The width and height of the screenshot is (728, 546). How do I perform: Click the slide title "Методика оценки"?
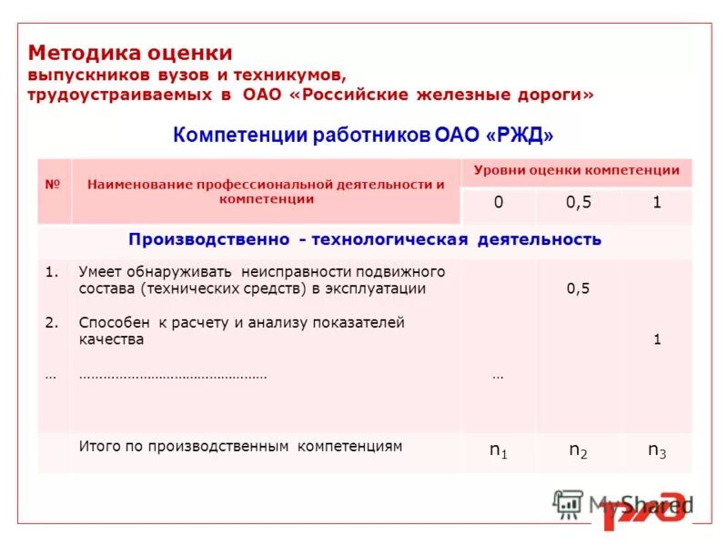[130, 54]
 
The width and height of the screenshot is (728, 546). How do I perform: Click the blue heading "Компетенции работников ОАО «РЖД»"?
[363, 135]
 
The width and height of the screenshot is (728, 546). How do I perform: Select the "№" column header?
[53, 185]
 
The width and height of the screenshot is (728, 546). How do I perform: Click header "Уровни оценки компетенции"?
[576, 170]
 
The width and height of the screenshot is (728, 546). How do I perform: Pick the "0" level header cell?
[498, 203]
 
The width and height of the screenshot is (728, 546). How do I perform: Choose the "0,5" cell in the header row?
[579, 203]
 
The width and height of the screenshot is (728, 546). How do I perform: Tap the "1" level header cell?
[656, 203]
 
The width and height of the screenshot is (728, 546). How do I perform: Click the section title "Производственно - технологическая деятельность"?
[365, 239]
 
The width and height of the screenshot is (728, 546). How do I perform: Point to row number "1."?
[52, 271]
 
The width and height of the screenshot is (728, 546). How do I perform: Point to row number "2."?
[52, 322]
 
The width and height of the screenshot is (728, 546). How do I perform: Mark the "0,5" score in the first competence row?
[579, 288]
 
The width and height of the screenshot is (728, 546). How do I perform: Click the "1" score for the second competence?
[656, 339]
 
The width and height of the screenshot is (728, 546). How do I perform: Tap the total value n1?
[499, 450]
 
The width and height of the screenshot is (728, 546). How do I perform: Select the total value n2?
[579, 450]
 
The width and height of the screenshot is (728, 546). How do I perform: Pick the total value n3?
[656, 450]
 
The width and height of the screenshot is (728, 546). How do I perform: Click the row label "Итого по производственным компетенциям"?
[240, 447]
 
